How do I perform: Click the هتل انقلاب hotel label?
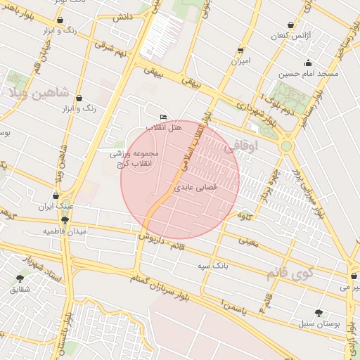[164, 128]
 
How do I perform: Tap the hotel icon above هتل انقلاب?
[164, 117]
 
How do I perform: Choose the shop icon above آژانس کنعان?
[290, 25]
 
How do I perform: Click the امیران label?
[241, 61]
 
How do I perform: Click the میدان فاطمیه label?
[65, 231]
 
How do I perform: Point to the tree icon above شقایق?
[20, 278]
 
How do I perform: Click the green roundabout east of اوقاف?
[286, 146]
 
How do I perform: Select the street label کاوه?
[245, 214]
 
